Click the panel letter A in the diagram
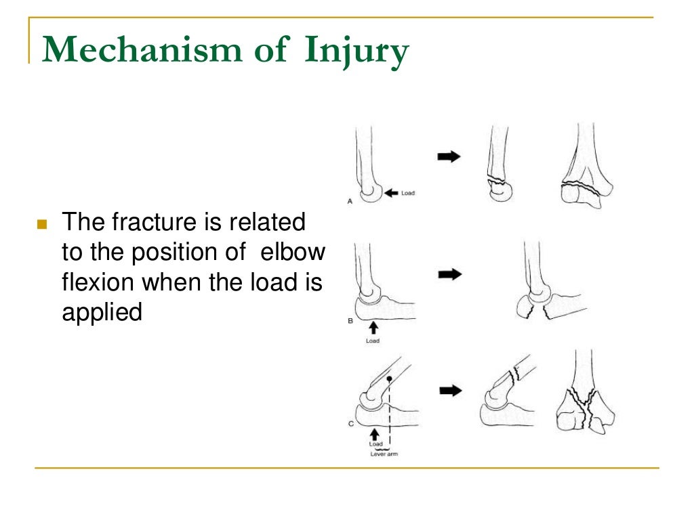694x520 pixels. [349, 201]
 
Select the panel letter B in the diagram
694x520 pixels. [350, 321]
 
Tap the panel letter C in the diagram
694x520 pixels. [349, 424]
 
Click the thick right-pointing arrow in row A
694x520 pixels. [448, 156]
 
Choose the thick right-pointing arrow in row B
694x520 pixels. [448, 274]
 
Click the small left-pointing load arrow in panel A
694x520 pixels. [392, 193]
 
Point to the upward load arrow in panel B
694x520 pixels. [373, 328]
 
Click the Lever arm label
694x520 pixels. [384, 454]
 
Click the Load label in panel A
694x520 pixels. [408, 194]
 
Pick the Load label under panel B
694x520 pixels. [373, 341]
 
